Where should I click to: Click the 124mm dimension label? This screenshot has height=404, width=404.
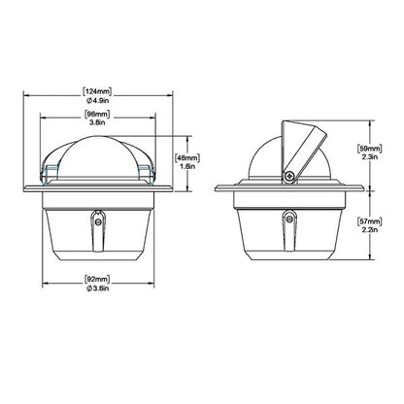[x=97, y=91]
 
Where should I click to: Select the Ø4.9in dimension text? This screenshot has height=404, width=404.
[x=97, y=100]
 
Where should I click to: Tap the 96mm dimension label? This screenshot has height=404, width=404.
[x=97, y=115]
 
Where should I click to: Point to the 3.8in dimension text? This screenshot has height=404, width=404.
[x=97, y=122]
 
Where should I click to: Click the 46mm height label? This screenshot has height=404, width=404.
[x=186, y=158]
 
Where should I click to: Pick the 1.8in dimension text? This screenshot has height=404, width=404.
[x=187, y=166]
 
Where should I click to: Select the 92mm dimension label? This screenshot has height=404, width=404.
[x=97, y=280]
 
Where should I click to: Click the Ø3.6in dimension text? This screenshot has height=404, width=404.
[x=97, y=288]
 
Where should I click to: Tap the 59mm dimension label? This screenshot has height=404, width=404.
[x=369, y=149]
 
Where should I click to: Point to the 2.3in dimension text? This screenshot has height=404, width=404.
[x=369, y=157]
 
